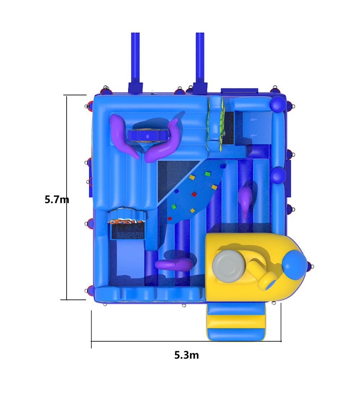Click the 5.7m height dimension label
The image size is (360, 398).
pyautogui.click(x=57, y=200)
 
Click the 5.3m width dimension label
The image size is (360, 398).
pyautogui.click(x=186, y=355)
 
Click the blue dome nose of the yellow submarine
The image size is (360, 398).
pyautogui.click(x=294, y=265)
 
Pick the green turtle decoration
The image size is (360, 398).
pyautogui.click(x=216, y=121)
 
